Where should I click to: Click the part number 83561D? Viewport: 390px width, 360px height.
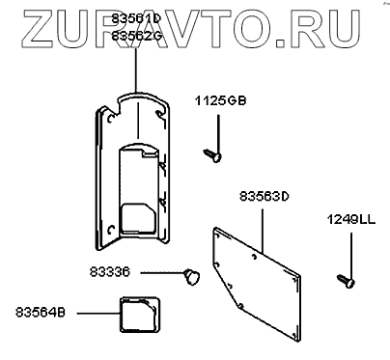[135, 19]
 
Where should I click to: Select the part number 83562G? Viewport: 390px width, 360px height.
[136, 36]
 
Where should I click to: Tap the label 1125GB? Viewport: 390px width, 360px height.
[220, 101]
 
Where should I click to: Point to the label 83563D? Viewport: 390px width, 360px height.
[265, 196]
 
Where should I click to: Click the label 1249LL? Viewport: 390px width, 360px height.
[351, 220]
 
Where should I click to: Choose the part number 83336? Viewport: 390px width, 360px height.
[110, 272]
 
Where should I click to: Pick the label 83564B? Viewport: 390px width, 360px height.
[41, 313]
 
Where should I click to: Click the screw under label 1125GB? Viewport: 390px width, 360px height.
[212, 155]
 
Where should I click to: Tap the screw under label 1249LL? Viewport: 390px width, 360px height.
[346, 281]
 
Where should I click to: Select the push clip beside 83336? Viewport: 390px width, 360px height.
[192, 277]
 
